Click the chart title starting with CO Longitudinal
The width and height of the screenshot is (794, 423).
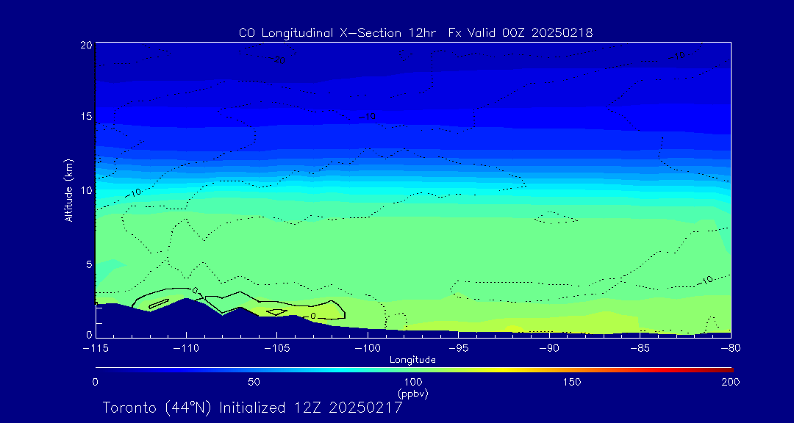pos(415,32)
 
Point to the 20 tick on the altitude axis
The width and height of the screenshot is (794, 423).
pos(86,45)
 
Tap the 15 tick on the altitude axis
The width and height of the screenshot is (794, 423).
pos(86,117)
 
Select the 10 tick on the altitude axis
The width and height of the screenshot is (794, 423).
pos(86,190)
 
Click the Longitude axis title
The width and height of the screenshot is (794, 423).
pos(412,360)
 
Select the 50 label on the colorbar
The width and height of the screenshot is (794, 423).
pos(254,382)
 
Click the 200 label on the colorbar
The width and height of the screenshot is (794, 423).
pos(730,382)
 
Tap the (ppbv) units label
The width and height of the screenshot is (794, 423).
pos(412,394)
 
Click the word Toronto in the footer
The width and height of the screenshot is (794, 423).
pos(130,408)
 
